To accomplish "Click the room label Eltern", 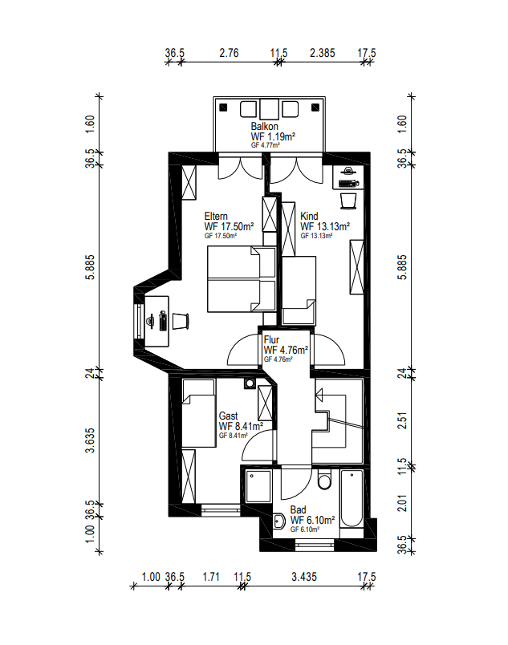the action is [216, 217].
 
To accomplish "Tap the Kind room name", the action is [309, 217].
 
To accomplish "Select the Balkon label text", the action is [265, 126].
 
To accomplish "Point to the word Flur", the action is [271, 340].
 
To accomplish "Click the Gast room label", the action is [228, 416].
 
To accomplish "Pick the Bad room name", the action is [299, 509].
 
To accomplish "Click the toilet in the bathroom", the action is [324, 479].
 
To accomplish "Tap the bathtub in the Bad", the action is [352, 498].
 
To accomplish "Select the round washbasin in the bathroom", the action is [279, 521].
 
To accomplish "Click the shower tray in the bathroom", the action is [258, 487].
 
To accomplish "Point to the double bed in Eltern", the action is [242, 279].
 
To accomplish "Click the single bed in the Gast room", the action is [199, 413].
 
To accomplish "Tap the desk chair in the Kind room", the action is [348, 201].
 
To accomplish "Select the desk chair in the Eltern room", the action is [180, 321].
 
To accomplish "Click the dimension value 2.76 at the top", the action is [229, 53].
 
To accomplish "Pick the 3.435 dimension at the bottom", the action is [304, 577].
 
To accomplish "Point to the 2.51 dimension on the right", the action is [403, 420].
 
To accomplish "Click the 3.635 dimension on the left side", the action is [90, 440].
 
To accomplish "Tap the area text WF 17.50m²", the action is [229, 227].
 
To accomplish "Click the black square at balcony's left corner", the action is [223, 107].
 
